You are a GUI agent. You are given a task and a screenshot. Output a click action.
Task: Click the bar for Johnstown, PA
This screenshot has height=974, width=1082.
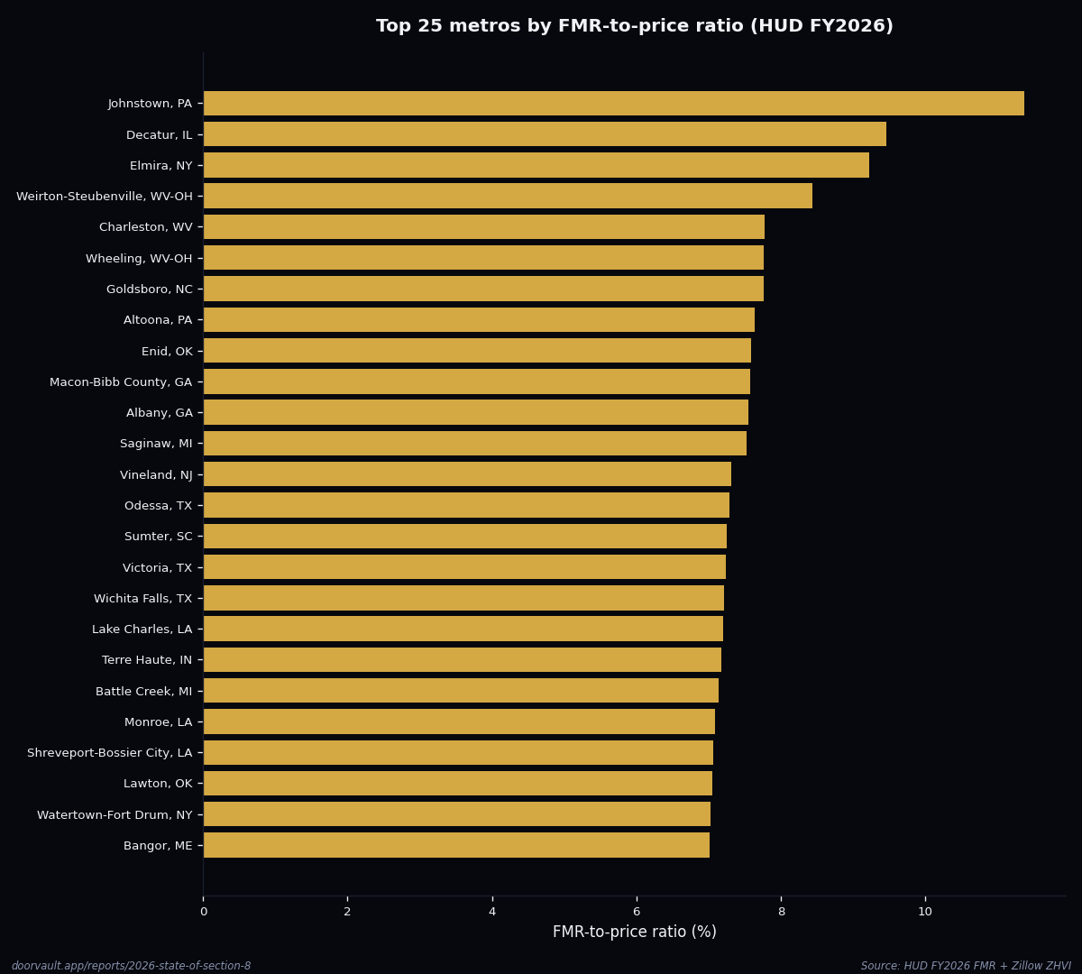(613, 104)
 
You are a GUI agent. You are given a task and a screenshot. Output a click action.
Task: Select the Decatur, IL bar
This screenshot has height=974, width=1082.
(545, 134)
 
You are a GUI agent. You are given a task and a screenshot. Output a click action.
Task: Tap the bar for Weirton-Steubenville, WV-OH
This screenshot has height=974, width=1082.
(508, 196)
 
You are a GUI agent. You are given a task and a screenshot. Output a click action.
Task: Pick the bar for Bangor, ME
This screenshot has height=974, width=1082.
(456, 845)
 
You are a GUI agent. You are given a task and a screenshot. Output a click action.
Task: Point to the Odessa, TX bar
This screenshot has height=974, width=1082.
(466, 505)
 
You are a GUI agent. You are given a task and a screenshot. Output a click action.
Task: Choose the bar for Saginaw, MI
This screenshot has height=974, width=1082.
(474, 444)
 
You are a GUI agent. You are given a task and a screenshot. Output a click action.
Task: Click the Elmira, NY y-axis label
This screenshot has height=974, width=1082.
(160, 166)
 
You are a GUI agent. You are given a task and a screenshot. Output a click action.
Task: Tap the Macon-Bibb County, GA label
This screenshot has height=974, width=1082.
(121, 382)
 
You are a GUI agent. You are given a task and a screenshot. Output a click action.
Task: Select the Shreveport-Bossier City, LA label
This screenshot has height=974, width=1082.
(109, 753)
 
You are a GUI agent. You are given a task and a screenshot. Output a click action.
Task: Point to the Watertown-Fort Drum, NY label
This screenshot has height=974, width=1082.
(115, 815)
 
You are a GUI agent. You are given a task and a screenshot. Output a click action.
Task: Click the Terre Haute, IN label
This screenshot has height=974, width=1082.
(147, 660)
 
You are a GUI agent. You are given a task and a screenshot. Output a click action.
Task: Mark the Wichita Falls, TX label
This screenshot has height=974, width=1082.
(142, 599)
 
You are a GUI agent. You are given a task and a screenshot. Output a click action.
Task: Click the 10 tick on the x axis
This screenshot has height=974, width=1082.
(925, 912)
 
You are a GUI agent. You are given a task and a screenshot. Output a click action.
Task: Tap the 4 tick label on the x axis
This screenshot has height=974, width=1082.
(492, 912)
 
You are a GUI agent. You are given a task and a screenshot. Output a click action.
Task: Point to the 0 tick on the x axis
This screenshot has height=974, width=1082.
(203, 912)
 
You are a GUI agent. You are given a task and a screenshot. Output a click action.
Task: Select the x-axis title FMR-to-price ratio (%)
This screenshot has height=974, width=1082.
(634, 933)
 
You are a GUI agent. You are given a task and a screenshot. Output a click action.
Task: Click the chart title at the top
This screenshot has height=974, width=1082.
(634, 27)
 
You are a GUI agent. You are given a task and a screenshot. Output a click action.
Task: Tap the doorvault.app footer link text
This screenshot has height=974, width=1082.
(131, 966)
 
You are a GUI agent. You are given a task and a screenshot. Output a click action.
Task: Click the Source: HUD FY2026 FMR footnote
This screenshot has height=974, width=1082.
(966, 966)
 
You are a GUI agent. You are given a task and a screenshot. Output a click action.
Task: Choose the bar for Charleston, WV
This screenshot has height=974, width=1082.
(483, 227)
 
